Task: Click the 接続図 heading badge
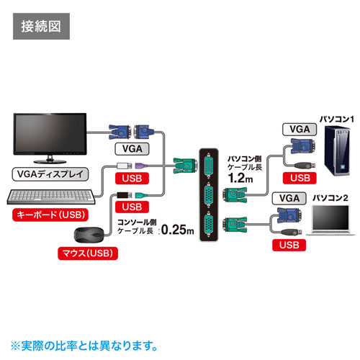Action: (x=41, y=30)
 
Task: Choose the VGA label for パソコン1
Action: (x=297, y=130)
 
